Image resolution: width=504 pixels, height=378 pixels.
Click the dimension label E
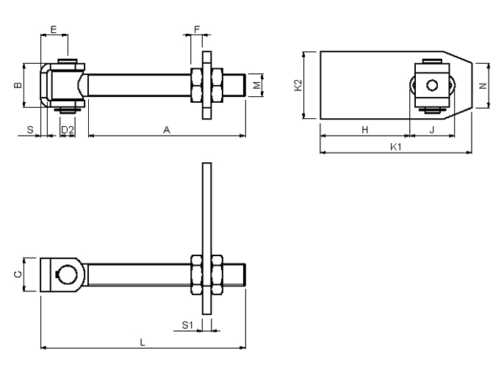coord(54,29)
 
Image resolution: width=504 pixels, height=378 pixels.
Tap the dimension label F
coord(197,29)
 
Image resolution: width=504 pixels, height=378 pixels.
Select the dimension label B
coord(18,85)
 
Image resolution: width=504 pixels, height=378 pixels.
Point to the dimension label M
coord(257,85)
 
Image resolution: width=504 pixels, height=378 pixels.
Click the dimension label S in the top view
coord(30,130)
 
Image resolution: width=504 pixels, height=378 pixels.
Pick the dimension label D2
coord(68,130)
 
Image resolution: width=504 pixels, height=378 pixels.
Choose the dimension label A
coord(167,130)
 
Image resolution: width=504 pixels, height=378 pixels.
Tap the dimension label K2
coord(298,85)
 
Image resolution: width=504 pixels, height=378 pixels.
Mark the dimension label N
coord(483,86)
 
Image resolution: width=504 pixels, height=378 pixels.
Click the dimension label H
coord(364,130)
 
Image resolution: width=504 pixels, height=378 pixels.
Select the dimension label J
coord(432,130)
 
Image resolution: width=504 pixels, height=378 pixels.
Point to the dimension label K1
coord(396,147)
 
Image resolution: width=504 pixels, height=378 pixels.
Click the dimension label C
coord(18,275)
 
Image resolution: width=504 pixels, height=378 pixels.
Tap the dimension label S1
coord(187,325)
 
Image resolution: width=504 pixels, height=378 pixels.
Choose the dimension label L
coord(143,342)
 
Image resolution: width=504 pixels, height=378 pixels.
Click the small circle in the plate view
coord(432,85)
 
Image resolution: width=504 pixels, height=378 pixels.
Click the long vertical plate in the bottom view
coord(207,239)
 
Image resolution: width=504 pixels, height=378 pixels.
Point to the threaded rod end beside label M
coord(234,85)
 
